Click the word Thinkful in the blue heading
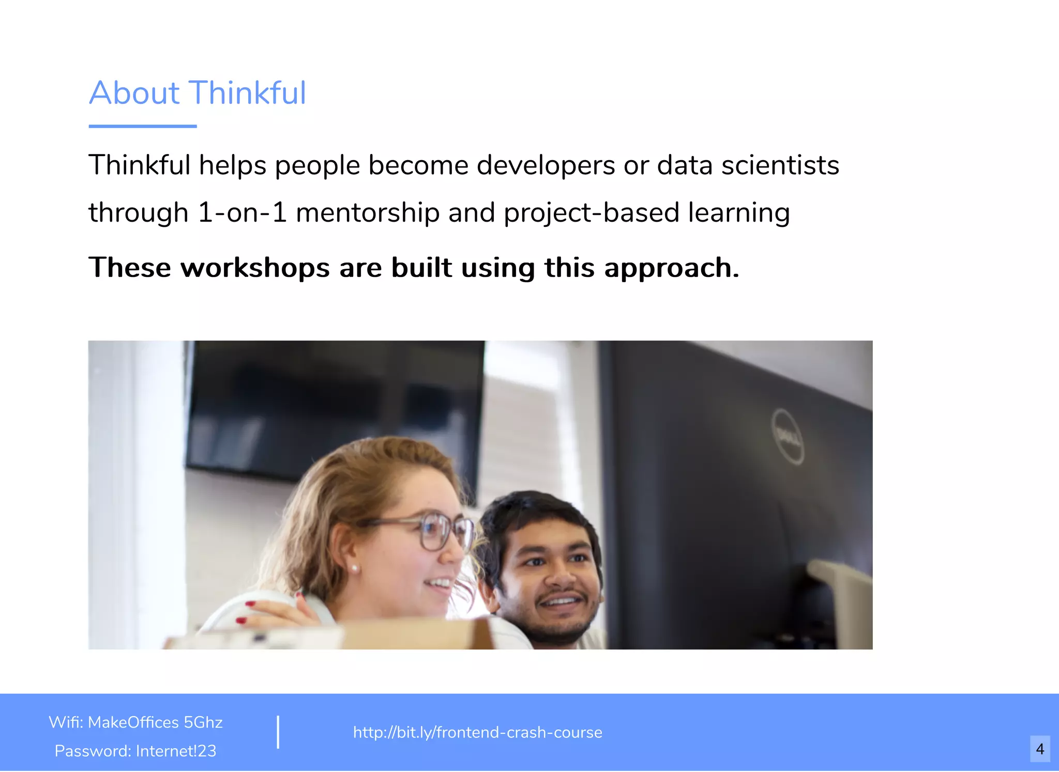(248, 93)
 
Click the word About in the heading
(134, 93)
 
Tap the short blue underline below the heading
(143, 126)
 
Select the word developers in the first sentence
(546, 166)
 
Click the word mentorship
(367, 213)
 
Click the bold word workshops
(255, 268)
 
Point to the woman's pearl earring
(355, 568)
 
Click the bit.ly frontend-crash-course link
(477, 732)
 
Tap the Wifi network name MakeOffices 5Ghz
(155, 722)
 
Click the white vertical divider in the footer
(278, 732)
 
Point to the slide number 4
(1040, 749)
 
